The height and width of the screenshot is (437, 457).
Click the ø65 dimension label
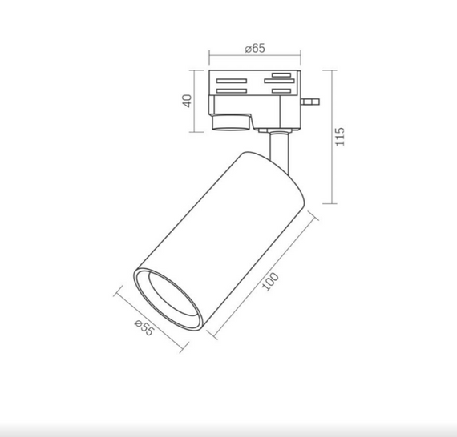point(255,48)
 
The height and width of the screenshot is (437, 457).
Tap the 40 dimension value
point(187,101)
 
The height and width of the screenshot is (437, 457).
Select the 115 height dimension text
point(340,137)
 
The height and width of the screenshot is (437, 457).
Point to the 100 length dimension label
point(270,282)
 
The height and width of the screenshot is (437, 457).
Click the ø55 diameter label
point(144,328)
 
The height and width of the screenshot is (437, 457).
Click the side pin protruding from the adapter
point(310,102)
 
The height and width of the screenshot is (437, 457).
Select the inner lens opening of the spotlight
point(174,295)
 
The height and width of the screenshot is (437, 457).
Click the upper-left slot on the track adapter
point(232,81)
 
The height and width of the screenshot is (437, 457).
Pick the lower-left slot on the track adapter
point(232,91)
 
